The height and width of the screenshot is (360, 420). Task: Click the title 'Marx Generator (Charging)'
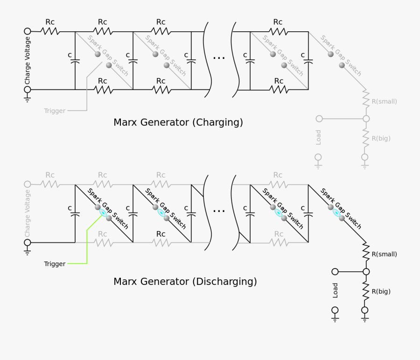178,122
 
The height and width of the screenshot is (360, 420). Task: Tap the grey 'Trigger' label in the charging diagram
55,111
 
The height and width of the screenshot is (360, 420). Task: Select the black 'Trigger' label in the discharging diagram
55,264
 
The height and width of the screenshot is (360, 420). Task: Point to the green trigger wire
87,247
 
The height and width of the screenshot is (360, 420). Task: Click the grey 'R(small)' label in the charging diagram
384,101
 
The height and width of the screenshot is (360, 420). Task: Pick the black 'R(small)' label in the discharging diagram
384,254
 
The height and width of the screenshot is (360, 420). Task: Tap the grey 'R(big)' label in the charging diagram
381,139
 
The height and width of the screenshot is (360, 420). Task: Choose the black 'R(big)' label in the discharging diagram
381,292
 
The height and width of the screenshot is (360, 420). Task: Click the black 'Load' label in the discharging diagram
335,290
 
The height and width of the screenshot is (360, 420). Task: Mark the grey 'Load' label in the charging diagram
318,137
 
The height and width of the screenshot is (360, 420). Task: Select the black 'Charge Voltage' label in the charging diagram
28,61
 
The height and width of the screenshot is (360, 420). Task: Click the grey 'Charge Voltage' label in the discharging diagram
28,213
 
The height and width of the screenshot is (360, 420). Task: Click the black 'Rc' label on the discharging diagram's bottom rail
161,234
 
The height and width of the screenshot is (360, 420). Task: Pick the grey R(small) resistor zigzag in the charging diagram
366,99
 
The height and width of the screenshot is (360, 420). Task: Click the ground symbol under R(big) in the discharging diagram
365,319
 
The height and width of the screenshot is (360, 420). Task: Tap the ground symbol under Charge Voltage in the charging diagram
28,99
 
